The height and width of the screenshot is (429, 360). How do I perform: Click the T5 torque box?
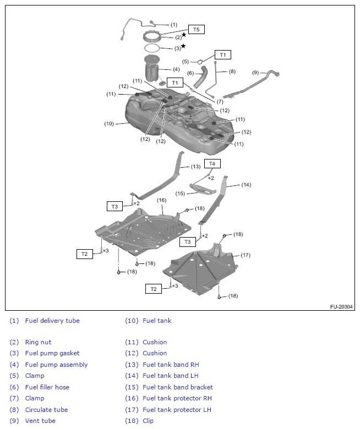[x=196, y=29]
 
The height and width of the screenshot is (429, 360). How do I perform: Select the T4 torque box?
[x=212, y=163]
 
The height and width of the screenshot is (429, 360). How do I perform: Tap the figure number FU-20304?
[x=341, y=307]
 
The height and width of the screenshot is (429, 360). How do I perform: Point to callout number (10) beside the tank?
[x=109, y=124]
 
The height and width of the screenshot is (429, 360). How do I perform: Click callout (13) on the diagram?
[x=195, y=166]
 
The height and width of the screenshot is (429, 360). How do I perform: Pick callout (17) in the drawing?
[x=245, y=255]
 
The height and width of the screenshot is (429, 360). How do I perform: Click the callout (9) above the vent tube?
[x=255, y=73]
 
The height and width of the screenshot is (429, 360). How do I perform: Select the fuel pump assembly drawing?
[x=151, y=70]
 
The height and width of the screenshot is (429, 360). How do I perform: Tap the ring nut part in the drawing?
[x=154, y=37]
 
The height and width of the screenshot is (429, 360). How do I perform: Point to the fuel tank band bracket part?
[x=202, y=189]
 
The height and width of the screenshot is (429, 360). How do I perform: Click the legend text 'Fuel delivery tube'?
[x=52, y=321]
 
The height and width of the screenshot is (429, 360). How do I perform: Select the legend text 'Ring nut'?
[x=39, y=342]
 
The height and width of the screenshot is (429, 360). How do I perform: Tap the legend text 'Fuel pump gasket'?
[x=52, y=353]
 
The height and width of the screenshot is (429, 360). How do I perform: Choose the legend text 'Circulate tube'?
[x=46, y=410]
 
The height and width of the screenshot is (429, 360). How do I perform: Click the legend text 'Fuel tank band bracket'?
[x=177, y=387]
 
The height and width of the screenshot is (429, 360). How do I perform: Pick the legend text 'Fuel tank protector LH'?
[x=177, y=410]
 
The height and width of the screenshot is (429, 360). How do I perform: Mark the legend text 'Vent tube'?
[x=40, y=421]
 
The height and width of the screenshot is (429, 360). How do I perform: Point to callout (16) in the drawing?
[x=161, y=200]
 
